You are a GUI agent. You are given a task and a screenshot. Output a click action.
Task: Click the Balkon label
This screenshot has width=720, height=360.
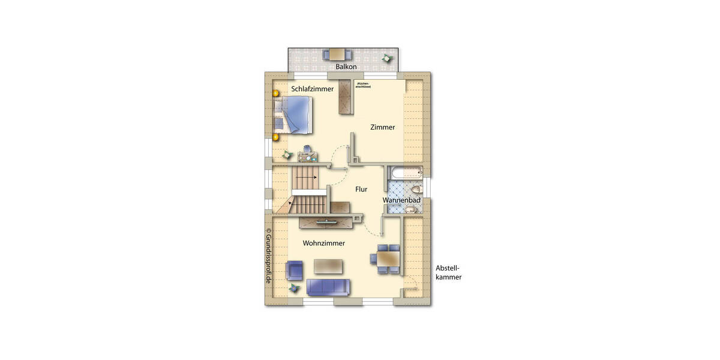(346, 67)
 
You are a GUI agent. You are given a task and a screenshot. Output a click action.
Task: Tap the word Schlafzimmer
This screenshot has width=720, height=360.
(313, 89)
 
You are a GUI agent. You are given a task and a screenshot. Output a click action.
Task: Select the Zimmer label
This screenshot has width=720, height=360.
(382, 127)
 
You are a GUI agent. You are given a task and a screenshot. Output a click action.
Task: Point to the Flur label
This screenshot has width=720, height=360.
(361, 190)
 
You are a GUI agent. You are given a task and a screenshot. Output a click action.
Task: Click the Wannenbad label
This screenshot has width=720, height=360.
(401, 200)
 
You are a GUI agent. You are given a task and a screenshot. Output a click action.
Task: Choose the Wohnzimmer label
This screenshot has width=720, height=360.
(323, 244)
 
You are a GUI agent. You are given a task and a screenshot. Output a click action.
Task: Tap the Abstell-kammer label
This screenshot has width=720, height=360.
(449, 273)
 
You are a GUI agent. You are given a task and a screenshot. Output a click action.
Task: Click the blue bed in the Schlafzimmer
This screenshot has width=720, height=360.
(293, 115)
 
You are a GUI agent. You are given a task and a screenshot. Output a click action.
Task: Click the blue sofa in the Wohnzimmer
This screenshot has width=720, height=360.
(328, 287)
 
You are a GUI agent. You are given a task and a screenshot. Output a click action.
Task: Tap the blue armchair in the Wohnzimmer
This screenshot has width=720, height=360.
(295, 271)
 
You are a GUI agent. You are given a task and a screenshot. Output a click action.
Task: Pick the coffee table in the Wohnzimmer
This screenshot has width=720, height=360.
(328, 266)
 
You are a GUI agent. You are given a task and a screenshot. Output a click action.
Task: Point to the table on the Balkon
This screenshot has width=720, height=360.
(334, 54)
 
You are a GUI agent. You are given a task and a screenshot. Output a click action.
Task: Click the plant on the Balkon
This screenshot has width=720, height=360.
(386, 58)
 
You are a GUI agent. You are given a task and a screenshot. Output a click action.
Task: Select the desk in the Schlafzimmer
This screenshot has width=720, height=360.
(309, 157)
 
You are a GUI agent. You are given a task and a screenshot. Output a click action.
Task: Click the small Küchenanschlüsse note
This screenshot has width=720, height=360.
(363, 85)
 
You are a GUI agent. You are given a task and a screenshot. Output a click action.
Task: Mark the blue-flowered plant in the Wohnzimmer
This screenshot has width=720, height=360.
(293, 289)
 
